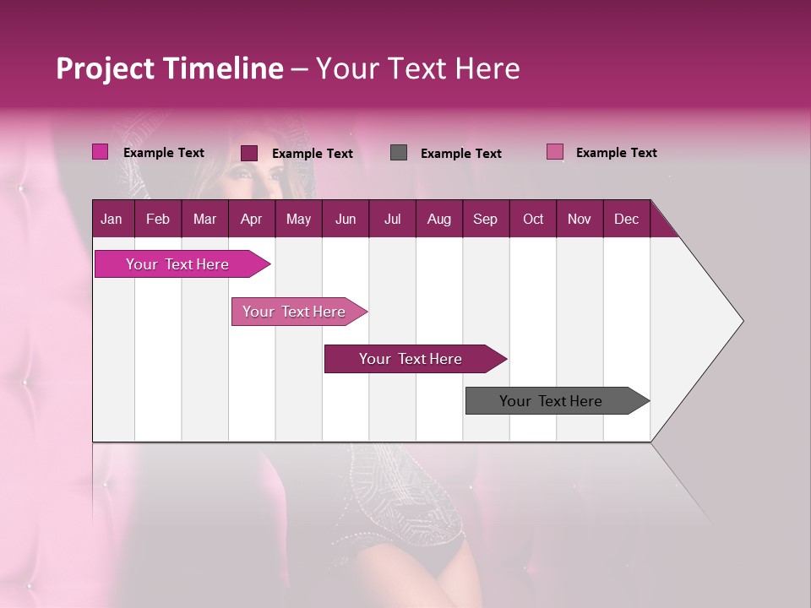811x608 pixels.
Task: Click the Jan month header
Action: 112,219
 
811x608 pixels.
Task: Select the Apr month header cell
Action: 252,219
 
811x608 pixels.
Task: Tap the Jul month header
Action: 392,219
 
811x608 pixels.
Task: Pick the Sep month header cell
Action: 486,219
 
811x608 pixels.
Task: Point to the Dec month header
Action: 626,219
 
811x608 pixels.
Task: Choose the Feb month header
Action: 158,219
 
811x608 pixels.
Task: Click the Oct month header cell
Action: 533,219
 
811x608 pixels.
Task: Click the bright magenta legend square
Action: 101,152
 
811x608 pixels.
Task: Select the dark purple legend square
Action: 249,153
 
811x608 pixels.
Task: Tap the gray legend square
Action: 399,152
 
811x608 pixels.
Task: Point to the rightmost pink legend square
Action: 555,152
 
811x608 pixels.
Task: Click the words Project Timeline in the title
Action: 170,68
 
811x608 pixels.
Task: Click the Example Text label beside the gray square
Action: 461,153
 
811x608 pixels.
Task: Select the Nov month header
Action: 580,219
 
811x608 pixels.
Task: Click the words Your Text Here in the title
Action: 418,68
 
